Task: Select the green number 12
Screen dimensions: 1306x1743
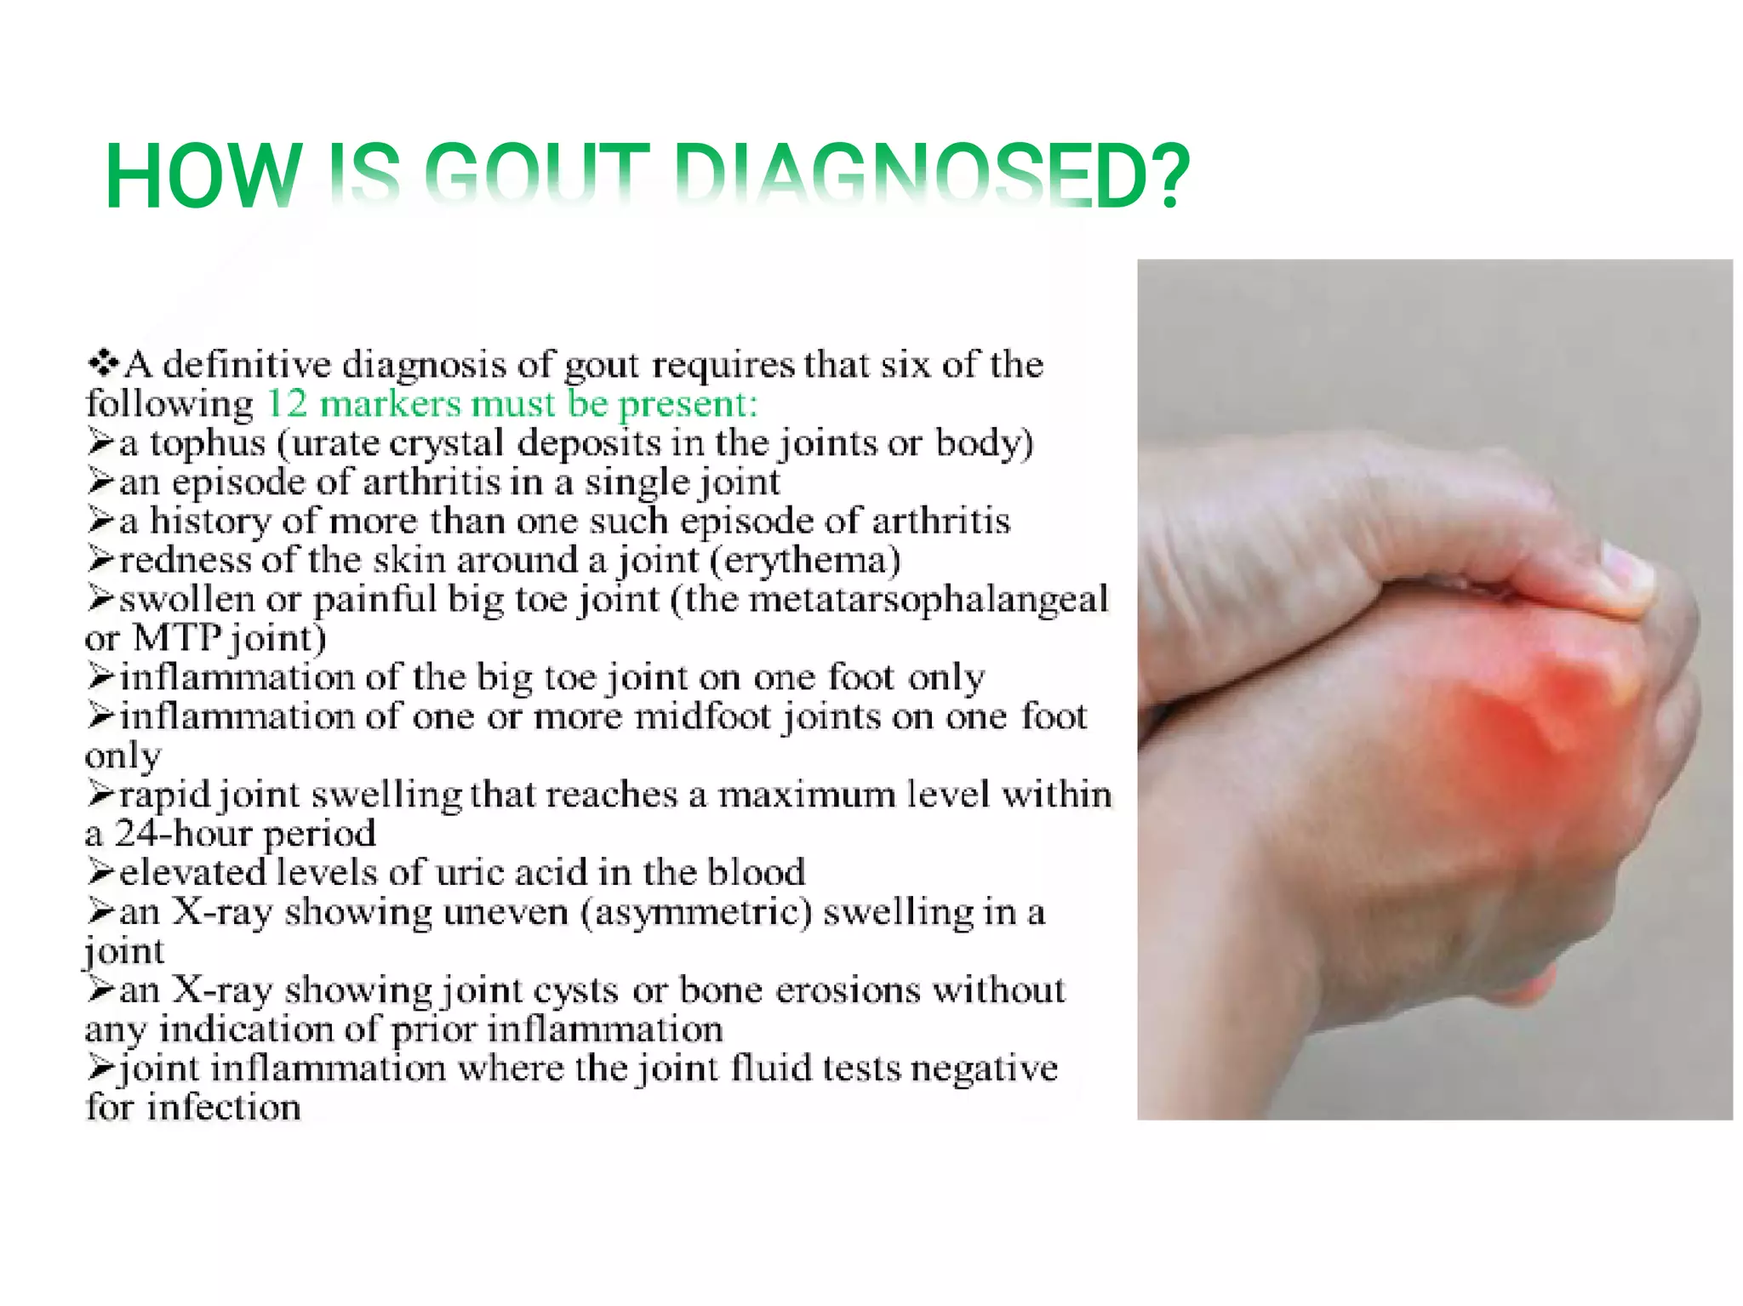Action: coord(287,403)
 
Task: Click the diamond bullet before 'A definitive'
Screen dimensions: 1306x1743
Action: coord(103,364)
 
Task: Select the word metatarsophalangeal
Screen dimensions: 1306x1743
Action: coord(928,599)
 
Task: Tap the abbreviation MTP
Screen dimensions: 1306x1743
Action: coord(177,638)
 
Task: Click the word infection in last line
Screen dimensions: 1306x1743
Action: coord(224,1108)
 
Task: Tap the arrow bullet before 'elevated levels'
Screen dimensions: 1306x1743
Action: coord(100,873)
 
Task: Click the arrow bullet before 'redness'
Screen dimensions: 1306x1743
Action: coord(100,560)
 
